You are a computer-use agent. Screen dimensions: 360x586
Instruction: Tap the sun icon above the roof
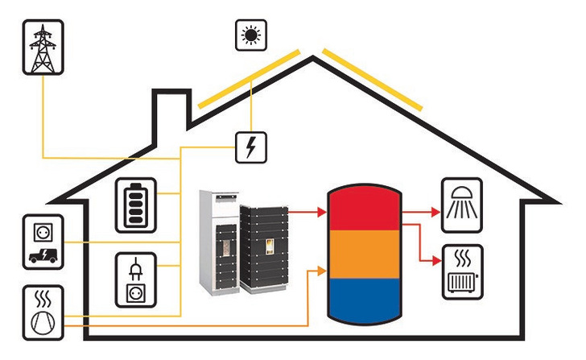[251, 35]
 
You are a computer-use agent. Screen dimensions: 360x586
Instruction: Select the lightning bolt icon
[252, 147]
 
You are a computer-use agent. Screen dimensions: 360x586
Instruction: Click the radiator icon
[462, 272]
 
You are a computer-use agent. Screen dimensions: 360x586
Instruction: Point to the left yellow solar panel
[250, 81]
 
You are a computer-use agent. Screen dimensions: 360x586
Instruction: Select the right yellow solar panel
[372, 78]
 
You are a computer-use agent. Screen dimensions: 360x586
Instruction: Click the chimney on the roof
[171, 110]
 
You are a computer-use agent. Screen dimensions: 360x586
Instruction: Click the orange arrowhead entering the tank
[321, 269]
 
